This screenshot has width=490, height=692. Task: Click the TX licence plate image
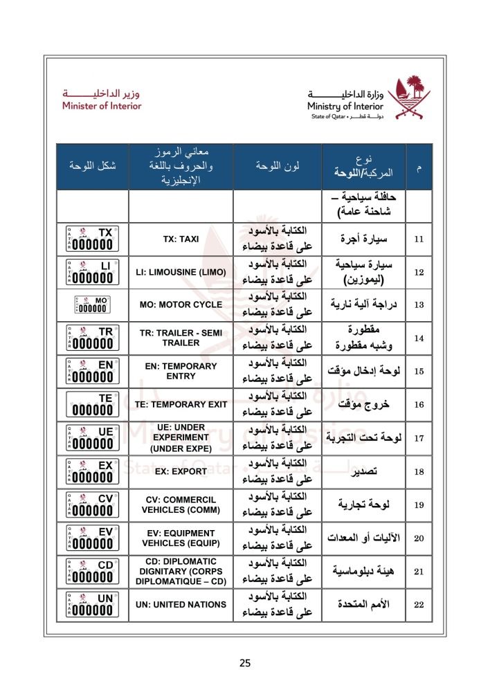pos(92,239)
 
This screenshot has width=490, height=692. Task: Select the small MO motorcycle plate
pos(92,304)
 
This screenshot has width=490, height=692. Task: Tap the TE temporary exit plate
pos(92,404)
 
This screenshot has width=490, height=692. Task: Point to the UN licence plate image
pos(92,604)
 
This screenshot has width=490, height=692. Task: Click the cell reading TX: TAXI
pos(181,239)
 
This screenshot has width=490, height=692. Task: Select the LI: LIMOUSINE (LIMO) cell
pos(181,272)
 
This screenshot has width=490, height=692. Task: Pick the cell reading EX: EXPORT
pos(181,471)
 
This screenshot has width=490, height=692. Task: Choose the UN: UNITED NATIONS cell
pos(181,604)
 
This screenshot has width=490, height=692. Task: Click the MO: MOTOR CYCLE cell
pos(181,304)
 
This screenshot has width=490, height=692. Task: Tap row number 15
pos(418,371)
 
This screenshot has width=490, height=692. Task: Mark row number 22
pos(418,604)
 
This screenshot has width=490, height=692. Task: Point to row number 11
pos(418,239)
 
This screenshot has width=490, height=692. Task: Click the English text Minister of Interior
pos(101,106)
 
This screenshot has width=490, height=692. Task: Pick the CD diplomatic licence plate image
pos(92,571)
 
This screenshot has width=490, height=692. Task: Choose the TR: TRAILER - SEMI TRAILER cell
pos(181,338)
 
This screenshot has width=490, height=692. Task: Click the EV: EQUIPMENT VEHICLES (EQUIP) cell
pos(181,538)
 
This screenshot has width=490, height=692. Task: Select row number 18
pos(418,471)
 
